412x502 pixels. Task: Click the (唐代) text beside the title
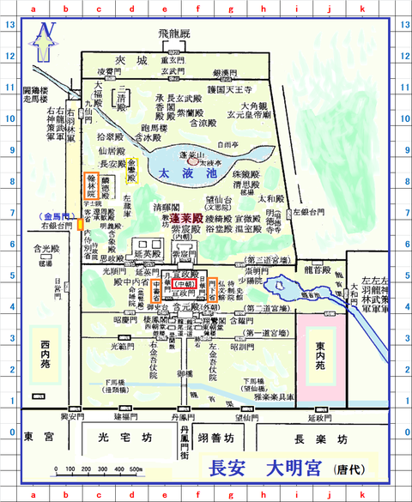click(x=349, y=470)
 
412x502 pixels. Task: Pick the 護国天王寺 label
click(x=232, y=88)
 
